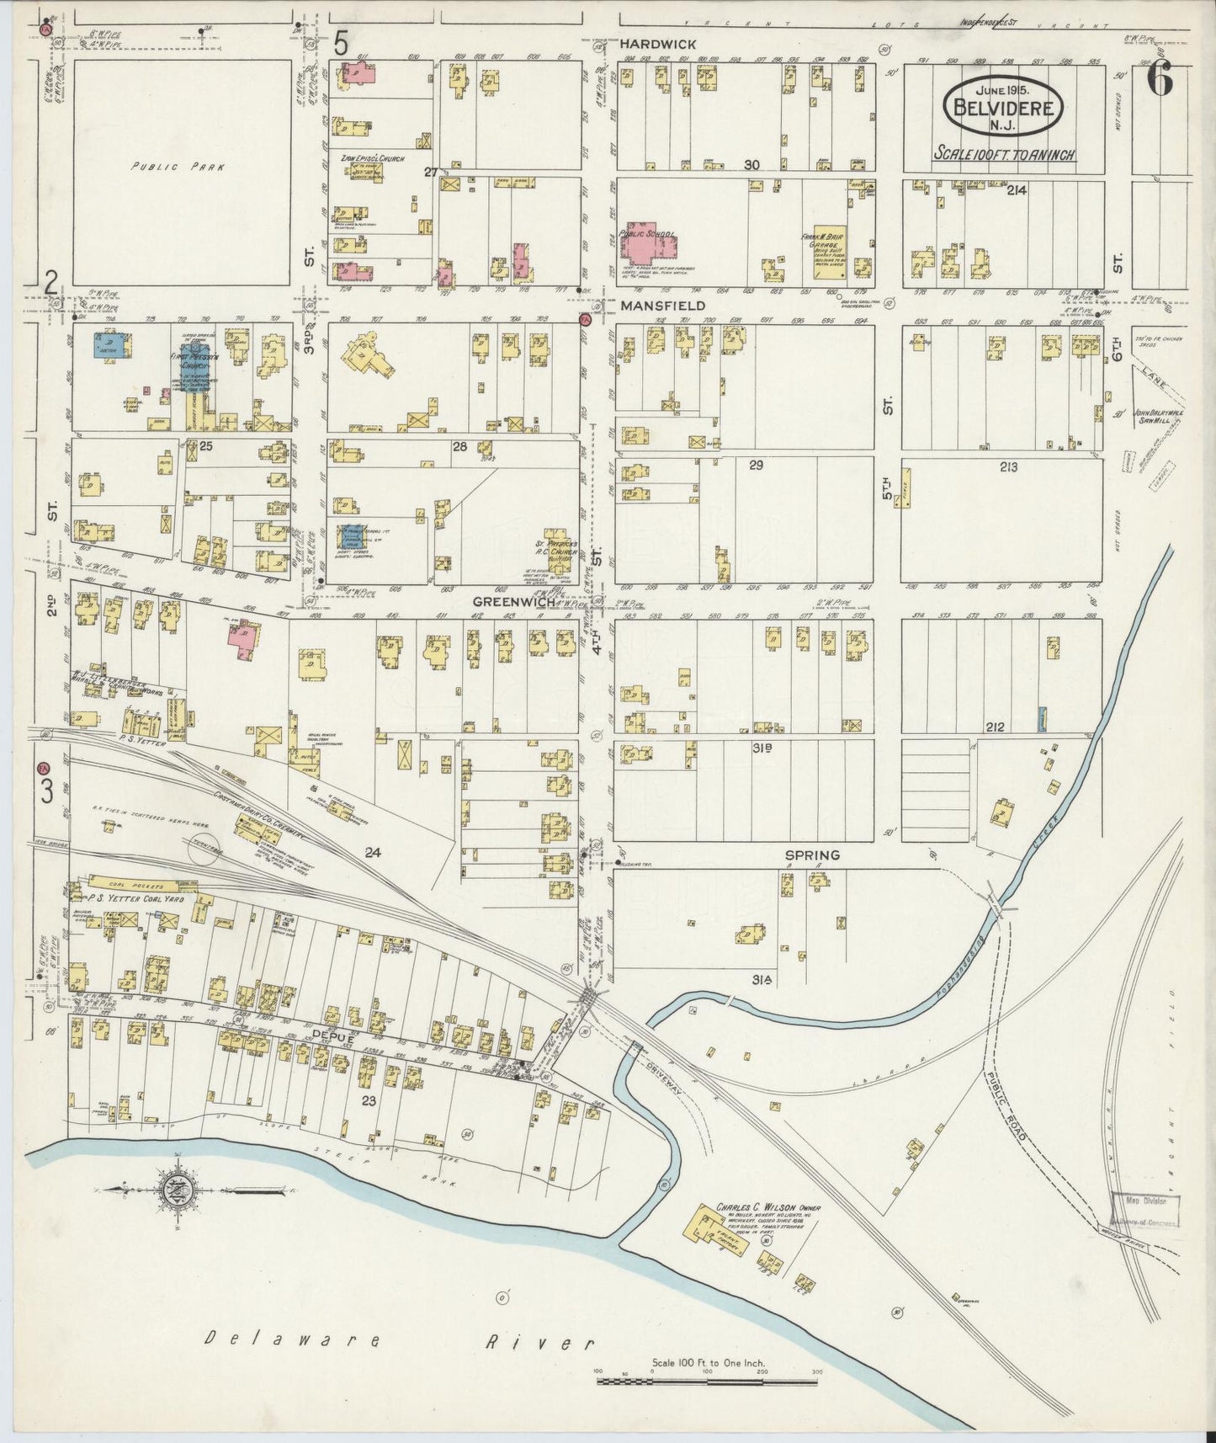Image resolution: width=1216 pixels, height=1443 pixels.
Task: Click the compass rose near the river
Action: [x=183, y=1189]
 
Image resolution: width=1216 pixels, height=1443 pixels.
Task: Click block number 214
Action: [x=1016, y=191]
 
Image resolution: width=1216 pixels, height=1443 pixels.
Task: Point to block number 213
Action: [x=1009, y=466]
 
